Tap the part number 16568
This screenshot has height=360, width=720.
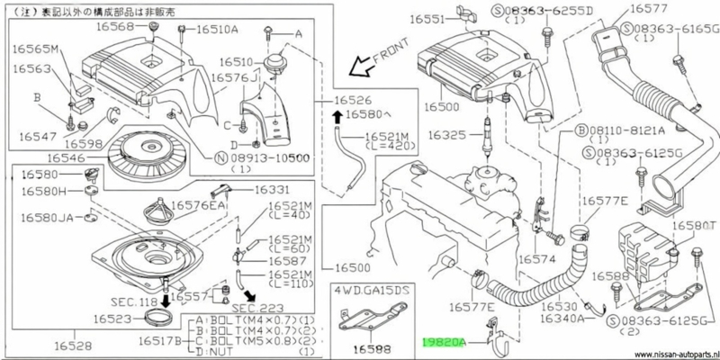[x=126, y=28]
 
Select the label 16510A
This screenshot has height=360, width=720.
[x=210, y=30]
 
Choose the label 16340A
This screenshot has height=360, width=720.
[x=560, y=318]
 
